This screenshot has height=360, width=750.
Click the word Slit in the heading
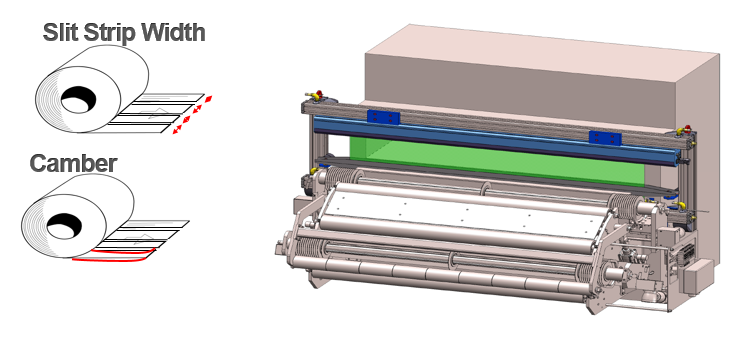[x=61, y=33]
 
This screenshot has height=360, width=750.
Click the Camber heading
[x=73, y=163]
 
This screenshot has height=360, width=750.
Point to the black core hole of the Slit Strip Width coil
[x=78, y=99]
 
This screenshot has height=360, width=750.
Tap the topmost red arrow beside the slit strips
[x=208, y=99]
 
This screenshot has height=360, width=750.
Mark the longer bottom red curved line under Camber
[x=111, y=260]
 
